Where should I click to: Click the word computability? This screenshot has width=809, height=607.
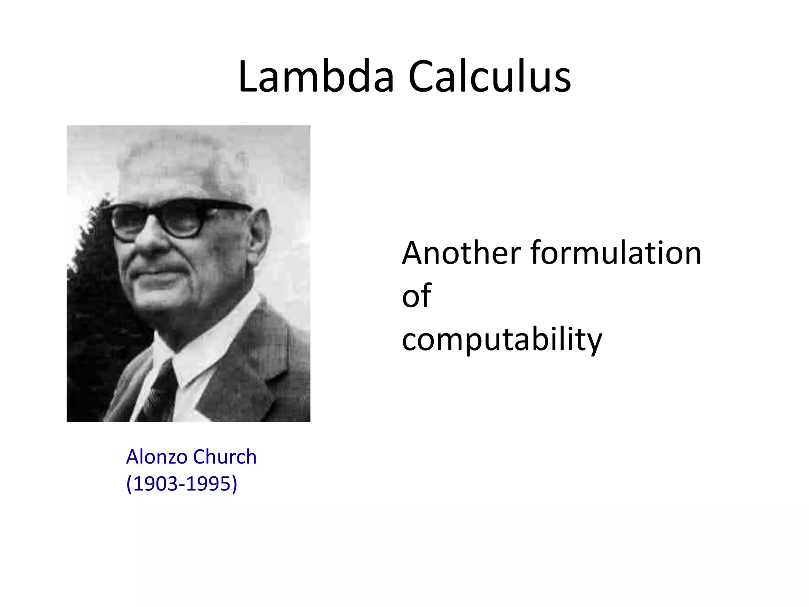pos(502,340)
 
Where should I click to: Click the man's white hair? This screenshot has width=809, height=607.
pos(186,166)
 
